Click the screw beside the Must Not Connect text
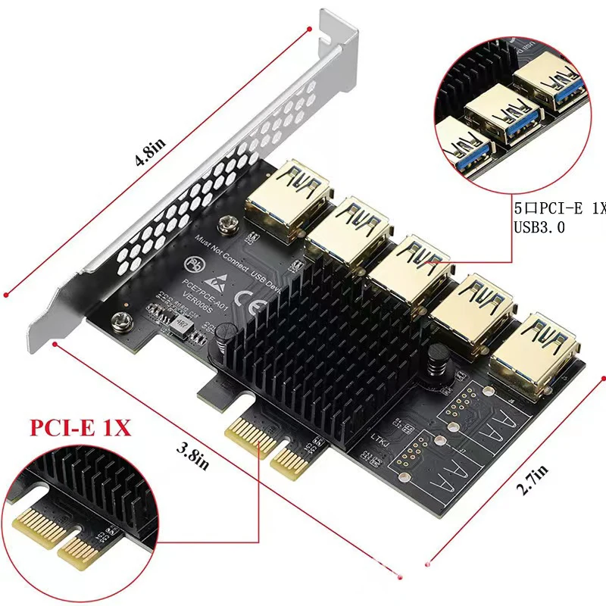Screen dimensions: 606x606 (x=226, y=224)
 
